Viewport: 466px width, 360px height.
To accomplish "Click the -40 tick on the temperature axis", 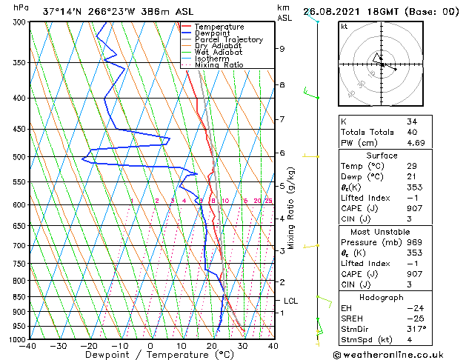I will [28, 346].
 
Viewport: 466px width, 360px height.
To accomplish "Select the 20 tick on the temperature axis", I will [212, 346].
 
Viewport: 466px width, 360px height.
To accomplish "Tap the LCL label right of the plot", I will [290, 301].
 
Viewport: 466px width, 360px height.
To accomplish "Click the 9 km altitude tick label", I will [282, 49].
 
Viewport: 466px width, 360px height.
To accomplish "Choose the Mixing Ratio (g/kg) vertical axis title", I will [292, 208].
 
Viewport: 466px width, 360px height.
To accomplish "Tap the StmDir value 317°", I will [416, 329].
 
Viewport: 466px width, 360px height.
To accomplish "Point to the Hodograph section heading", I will [382, 296].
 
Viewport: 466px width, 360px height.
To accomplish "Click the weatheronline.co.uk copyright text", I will [397, 354].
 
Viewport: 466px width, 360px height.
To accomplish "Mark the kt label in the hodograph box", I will [344, 26].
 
